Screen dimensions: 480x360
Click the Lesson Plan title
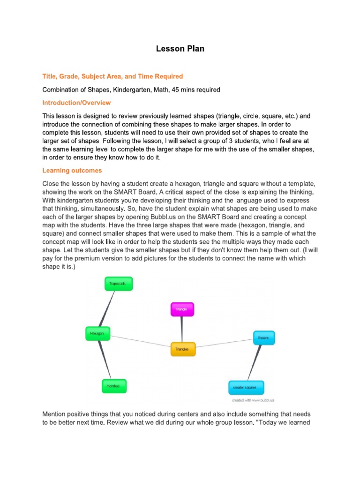pos(180,49)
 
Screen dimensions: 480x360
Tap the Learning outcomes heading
pos(72,170)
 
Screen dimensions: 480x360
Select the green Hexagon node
pos(97,333)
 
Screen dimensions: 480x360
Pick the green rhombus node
pos(113,386)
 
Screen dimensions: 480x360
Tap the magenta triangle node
pos(181,309)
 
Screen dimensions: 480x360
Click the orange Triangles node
pos(182,349)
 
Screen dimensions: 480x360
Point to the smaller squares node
pos(246,388)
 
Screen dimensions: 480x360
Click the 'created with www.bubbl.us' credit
pos(253,401)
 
